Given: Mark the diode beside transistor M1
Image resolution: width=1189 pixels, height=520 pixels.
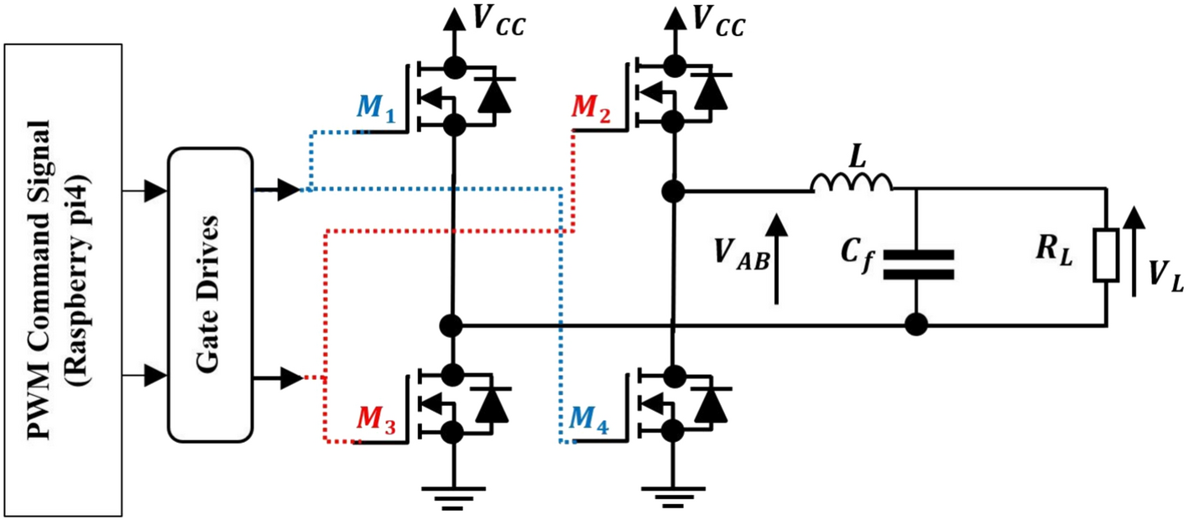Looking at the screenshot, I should pyautogui.click(x=493, y=95).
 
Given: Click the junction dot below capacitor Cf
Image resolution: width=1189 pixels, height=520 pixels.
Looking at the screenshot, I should pyautogui.click(x=915, y=324).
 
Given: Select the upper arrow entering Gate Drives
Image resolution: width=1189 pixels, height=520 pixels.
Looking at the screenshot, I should pyautogui.click(x=156, y=192).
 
